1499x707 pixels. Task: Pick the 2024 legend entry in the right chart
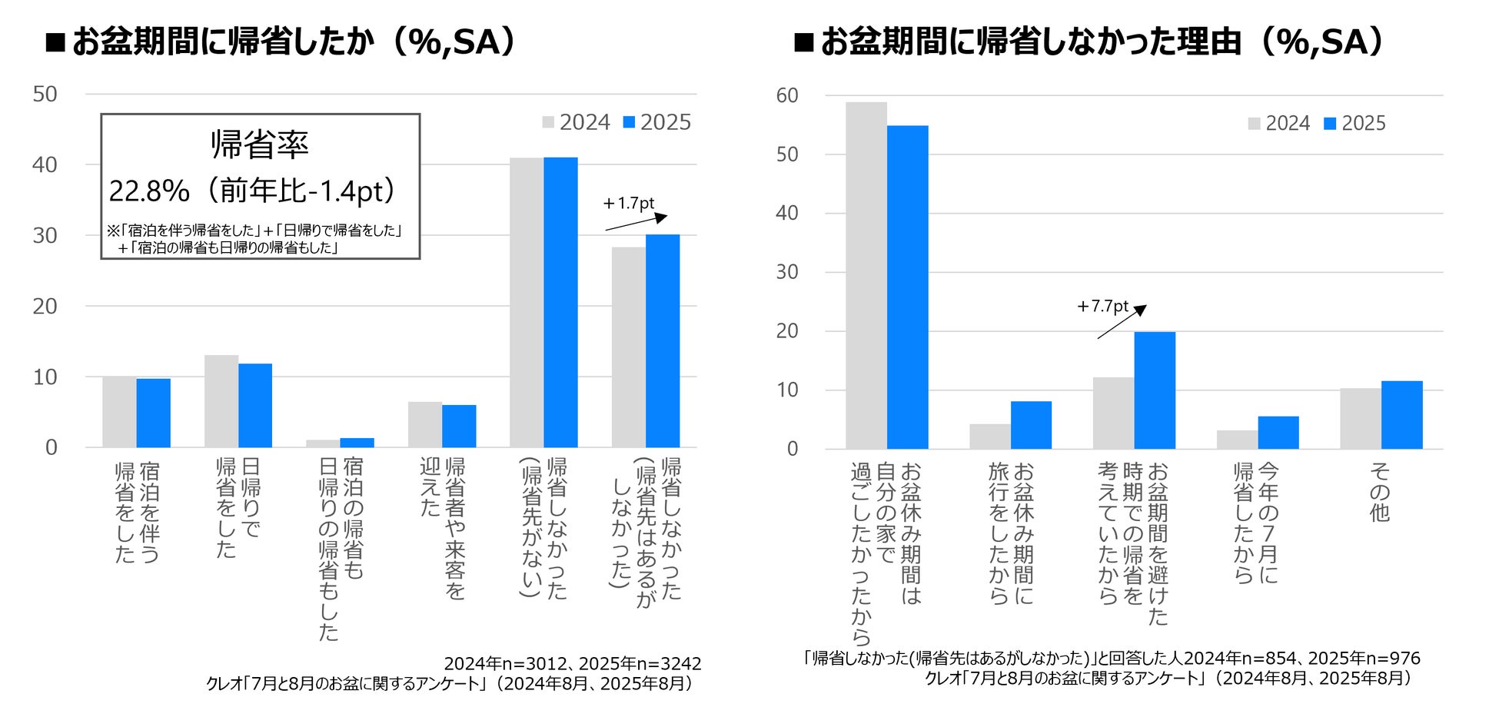[1279, 124]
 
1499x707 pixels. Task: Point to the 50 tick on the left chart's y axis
[45, 95]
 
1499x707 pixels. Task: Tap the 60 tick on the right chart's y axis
[787, 96]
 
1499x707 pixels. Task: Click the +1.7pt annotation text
[629, 204]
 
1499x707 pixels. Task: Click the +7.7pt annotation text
[1103, 307]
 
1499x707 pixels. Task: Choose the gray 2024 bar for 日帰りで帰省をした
[221, 401]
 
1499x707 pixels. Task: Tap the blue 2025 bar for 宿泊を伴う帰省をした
[154, 413]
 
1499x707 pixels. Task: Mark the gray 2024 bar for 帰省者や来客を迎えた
[425, 424]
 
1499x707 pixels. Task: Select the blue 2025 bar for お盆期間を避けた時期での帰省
[1155, 390]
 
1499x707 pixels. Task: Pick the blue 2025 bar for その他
[1401, 415]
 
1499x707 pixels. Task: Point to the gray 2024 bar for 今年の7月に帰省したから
[1237, 440]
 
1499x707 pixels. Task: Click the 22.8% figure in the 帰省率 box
[149, 191]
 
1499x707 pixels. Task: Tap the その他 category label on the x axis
[1380, 492]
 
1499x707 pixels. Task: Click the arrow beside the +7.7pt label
[1122, 322]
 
